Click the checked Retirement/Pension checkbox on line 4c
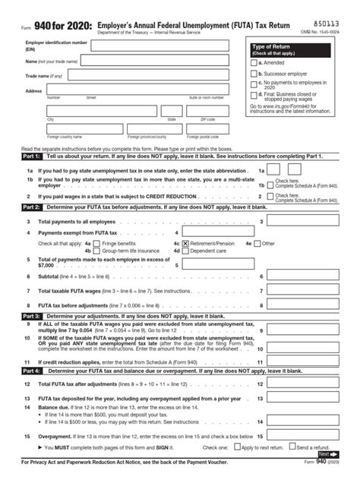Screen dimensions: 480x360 click(x=186, y=243)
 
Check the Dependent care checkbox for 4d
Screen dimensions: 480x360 click(x=186, y=251)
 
